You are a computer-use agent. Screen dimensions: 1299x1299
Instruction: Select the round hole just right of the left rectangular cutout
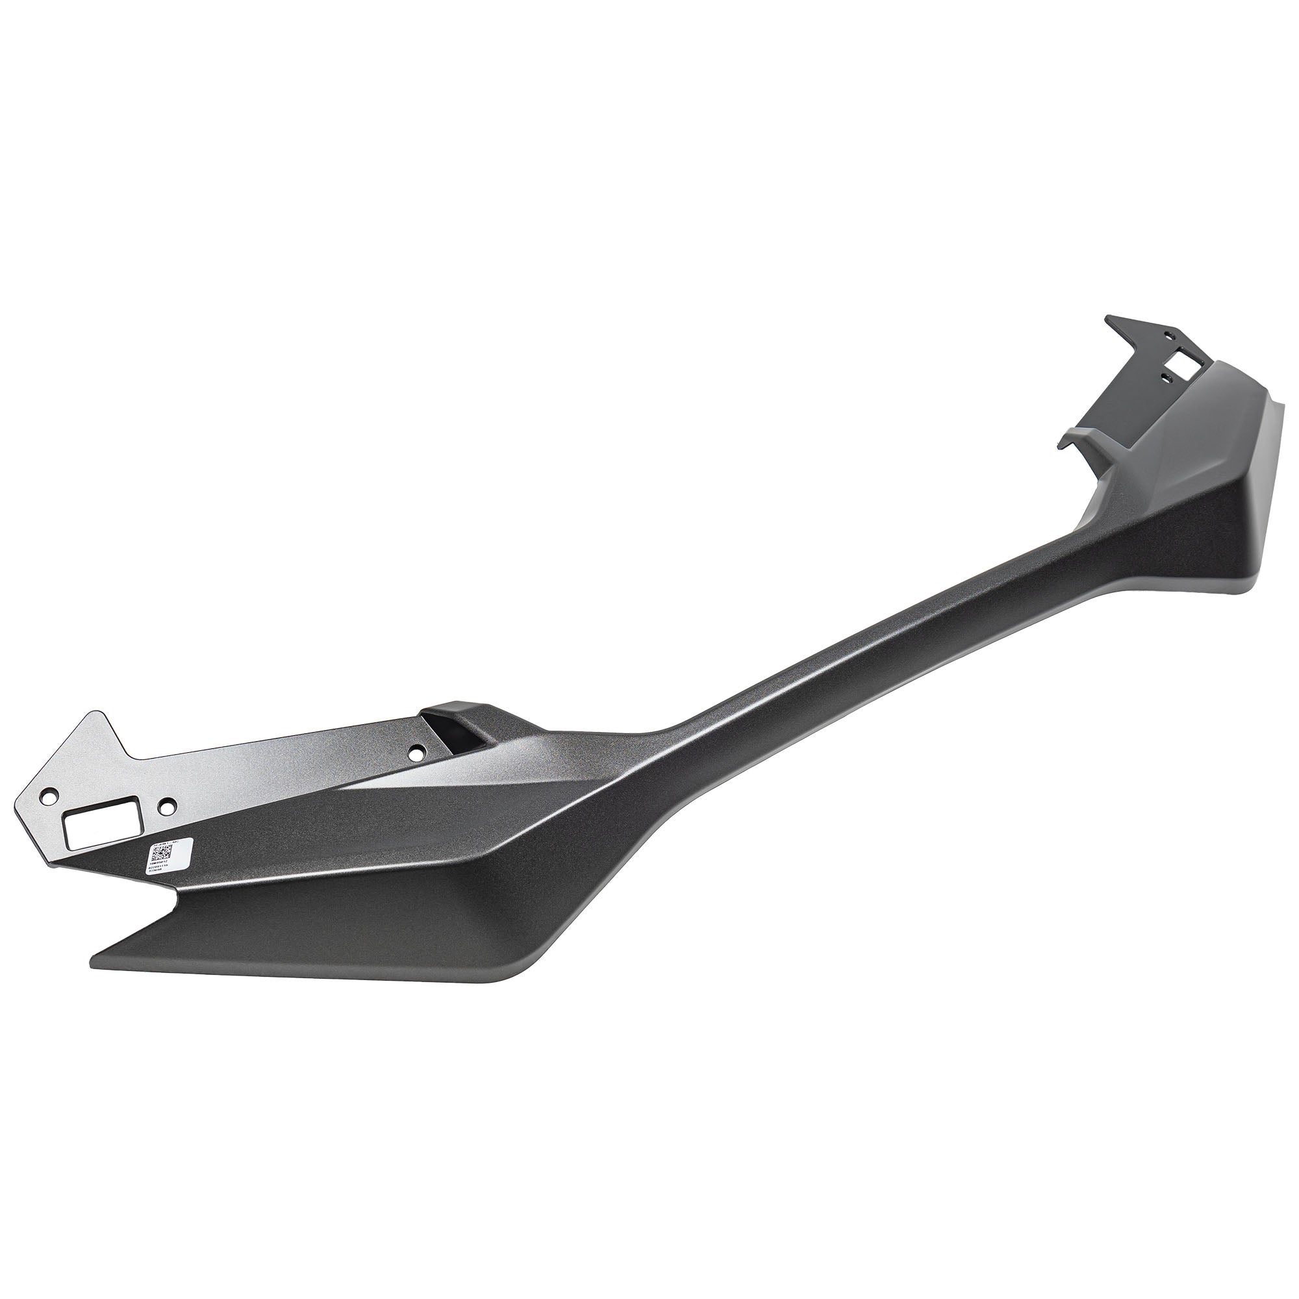coord(168,803)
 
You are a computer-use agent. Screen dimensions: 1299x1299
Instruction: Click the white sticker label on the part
coord(170,855)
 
